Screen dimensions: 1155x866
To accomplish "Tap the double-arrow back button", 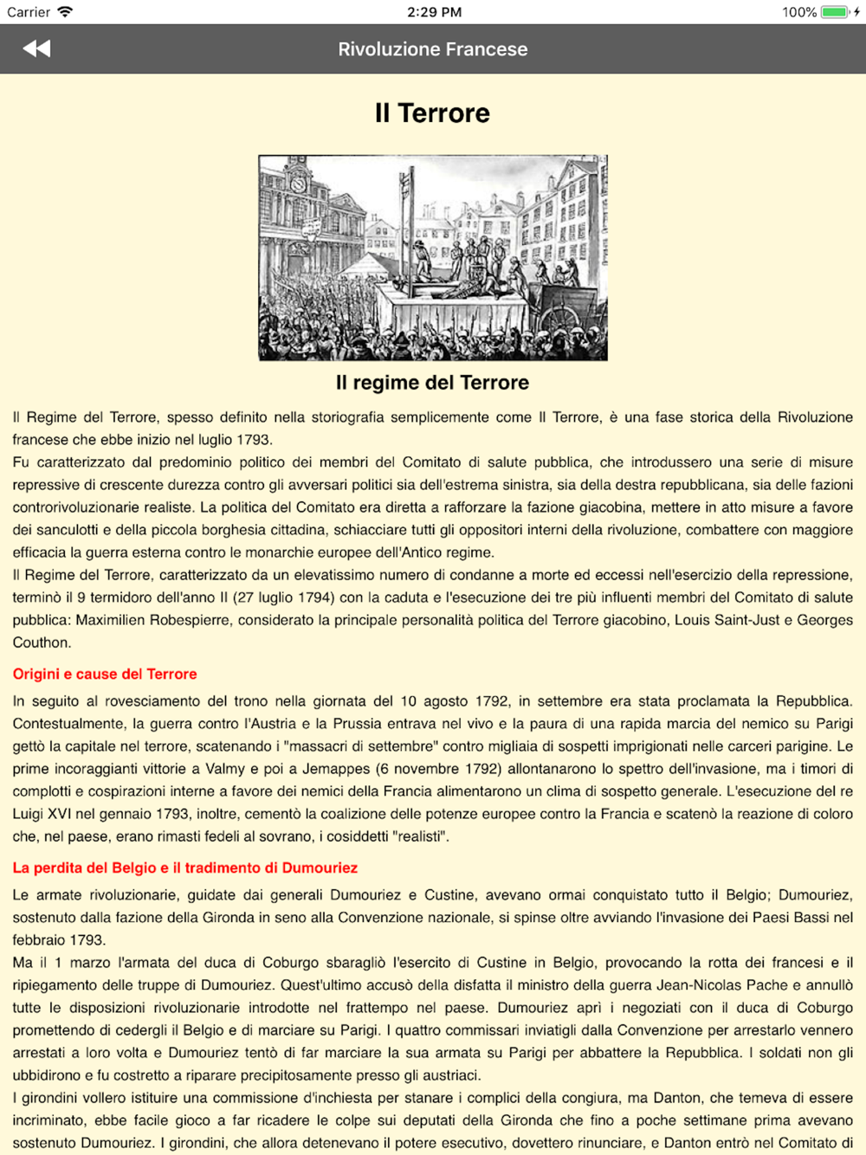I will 36,48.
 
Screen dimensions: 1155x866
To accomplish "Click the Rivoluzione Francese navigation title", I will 432,49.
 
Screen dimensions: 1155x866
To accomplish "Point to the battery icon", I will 835,12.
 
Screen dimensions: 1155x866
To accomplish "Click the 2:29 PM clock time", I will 434,12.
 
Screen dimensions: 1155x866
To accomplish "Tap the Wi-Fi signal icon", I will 65,12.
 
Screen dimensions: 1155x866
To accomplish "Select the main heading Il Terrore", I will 432,113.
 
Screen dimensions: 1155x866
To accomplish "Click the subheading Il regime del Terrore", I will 432,383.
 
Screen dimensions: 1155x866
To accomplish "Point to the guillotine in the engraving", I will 404,225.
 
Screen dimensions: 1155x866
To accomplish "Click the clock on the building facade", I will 299,184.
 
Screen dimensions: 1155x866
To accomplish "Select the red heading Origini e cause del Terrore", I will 105,674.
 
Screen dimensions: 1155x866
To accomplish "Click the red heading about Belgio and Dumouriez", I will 184,868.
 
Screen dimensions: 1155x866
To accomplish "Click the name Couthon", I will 41,642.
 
